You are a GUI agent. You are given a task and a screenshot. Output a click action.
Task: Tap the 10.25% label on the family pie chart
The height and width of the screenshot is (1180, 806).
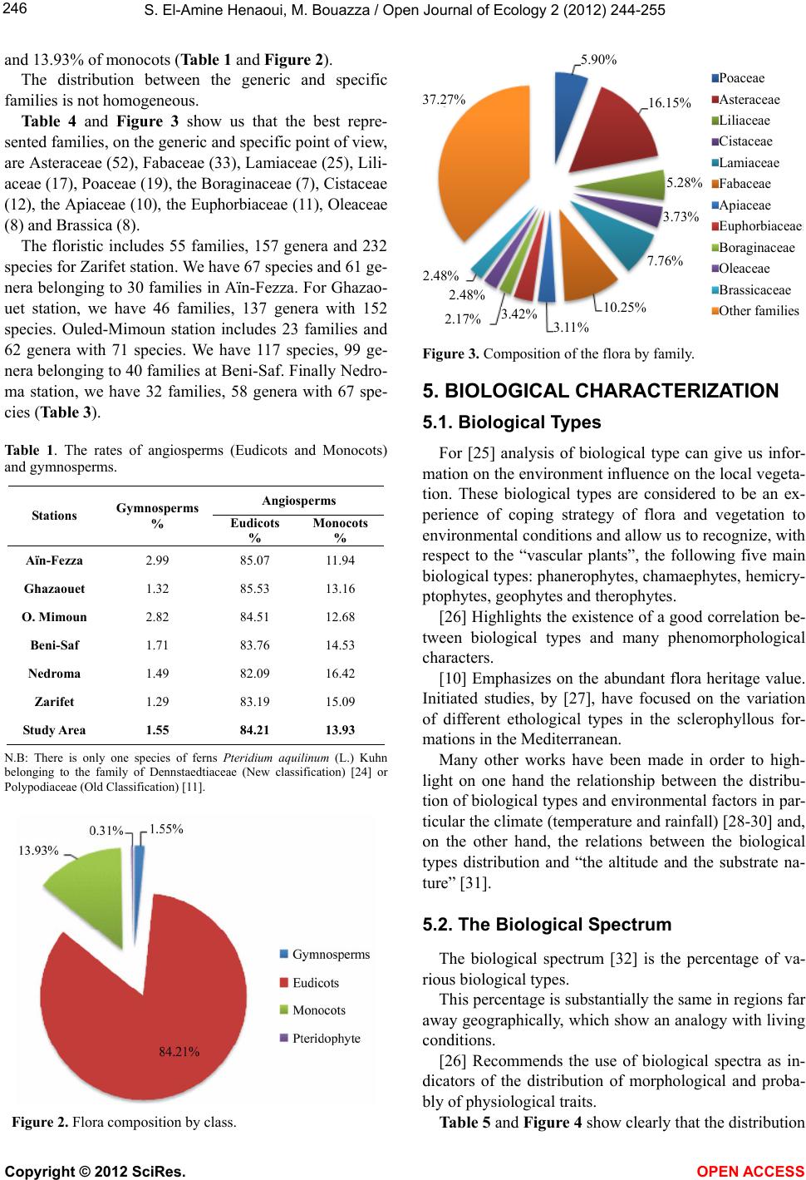tap(624, 307)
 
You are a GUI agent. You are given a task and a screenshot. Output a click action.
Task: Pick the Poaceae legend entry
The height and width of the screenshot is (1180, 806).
tap(741, 78)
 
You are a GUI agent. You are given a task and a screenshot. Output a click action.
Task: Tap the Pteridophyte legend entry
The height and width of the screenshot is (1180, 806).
tap(326, 1038)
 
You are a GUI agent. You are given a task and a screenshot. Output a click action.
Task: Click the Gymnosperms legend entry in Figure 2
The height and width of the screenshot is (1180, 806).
tap(331, 954)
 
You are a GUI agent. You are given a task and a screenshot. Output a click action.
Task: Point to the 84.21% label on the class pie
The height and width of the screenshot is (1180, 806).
tap(179, 1051)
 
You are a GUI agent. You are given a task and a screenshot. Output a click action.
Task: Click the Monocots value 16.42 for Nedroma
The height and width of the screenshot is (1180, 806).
tap(341, 674)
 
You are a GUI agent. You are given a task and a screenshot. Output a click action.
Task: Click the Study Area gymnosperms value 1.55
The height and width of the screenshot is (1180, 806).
tap(157, 730)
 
